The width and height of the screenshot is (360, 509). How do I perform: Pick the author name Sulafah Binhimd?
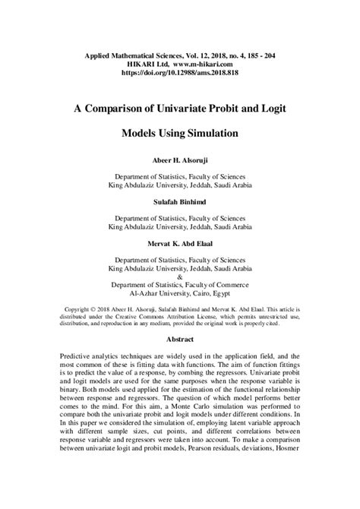180,202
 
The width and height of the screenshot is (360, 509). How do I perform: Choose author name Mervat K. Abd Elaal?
180,243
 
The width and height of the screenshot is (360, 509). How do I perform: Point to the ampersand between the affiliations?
180,276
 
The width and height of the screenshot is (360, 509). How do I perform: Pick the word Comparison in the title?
115,109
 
